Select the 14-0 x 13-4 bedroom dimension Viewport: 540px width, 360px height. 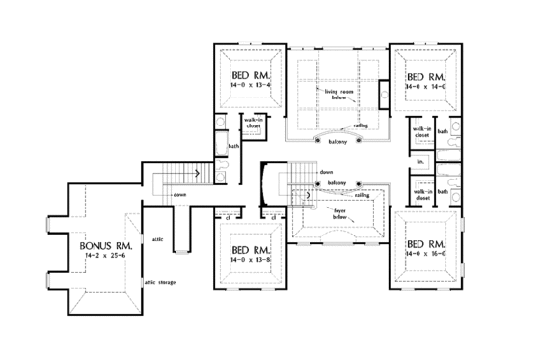pyautogui.click(x=255, y=85)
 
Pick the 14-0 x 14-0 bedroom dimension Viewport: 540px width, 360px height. pyautogui.click(x=425, y=85)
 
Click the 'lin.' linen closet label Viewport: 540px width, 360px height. pyautogui.click(x=421, y=161)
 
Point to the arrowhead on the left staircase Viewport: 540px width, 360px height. pyautogui.click(x=197, y=174)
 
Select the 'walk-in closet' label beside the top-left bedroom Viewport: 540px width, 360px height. pyautogui.click(x=255, y=124)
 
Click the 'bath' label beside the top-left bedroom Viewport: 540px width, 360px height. pyautogui.click(x=233, y=146)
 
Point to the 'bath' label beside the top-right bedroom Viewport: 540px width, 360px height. pyautogui.click(x=444, y=132)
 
